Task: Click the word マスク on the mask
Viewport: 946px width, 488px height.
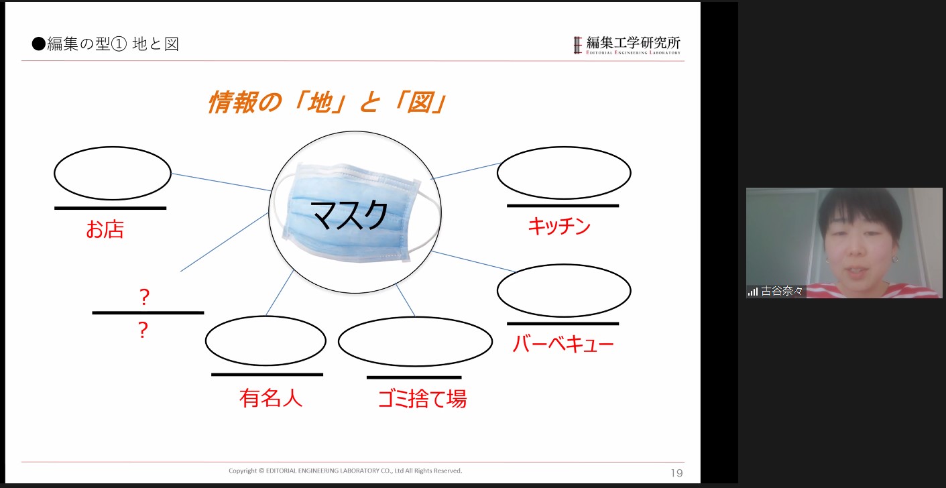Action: coord(350,215)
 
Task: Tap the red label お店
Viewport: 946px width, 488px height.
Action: coord(105,229)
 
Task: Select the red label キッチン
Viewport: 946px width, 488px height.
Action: coord(559,226)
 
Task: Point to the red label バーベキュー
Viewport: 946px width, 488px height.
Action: coord(563,344)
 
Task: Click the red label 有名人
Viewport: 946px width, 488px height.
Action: coord(271,398)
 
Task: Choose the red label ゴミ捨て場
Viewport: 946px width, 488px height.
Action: coord(422,398)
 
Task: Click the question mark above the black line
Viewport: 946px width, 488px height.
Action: coord(144,297)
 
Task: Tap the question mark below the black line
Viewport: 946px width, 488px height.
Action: coord(143,330)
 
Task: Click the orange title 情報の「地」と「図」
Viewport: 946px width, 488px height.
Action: coord(327,102)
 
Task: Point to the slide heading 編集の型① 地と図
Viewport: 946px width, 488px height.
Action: coord(105,44)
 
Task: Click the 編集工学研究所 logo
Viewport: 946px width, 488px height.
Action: coord(627,45)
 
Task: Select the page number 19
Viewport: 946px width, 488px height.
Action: coord(676,473)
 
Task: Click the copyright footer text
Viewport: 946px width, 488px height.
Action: coord(345,471)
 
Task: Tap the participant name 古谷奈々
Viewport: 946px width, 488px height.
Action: coord(782,291)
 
